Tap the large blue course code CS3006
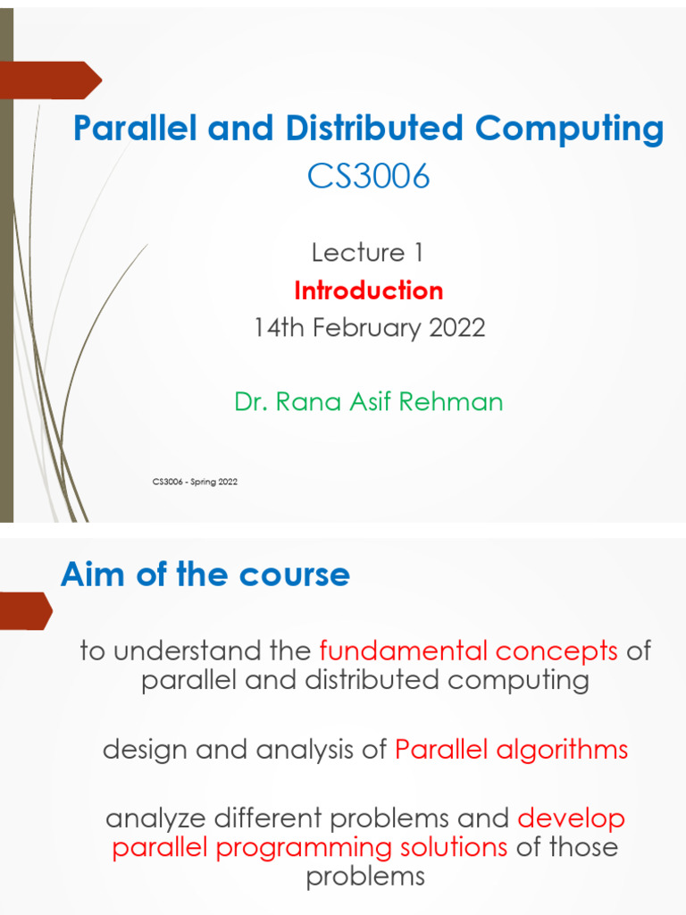[x=368, y=177]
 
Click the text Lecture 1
[x=367, y=253]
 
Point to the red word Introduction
[x=368, y=290]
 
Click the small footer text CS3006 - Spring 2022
[x=195, y=483]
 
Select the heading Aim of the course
[x=205, y=575]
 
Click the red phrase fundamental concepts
[x=468, y=651]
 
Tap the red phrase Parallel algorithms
[x=511, y=750]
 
